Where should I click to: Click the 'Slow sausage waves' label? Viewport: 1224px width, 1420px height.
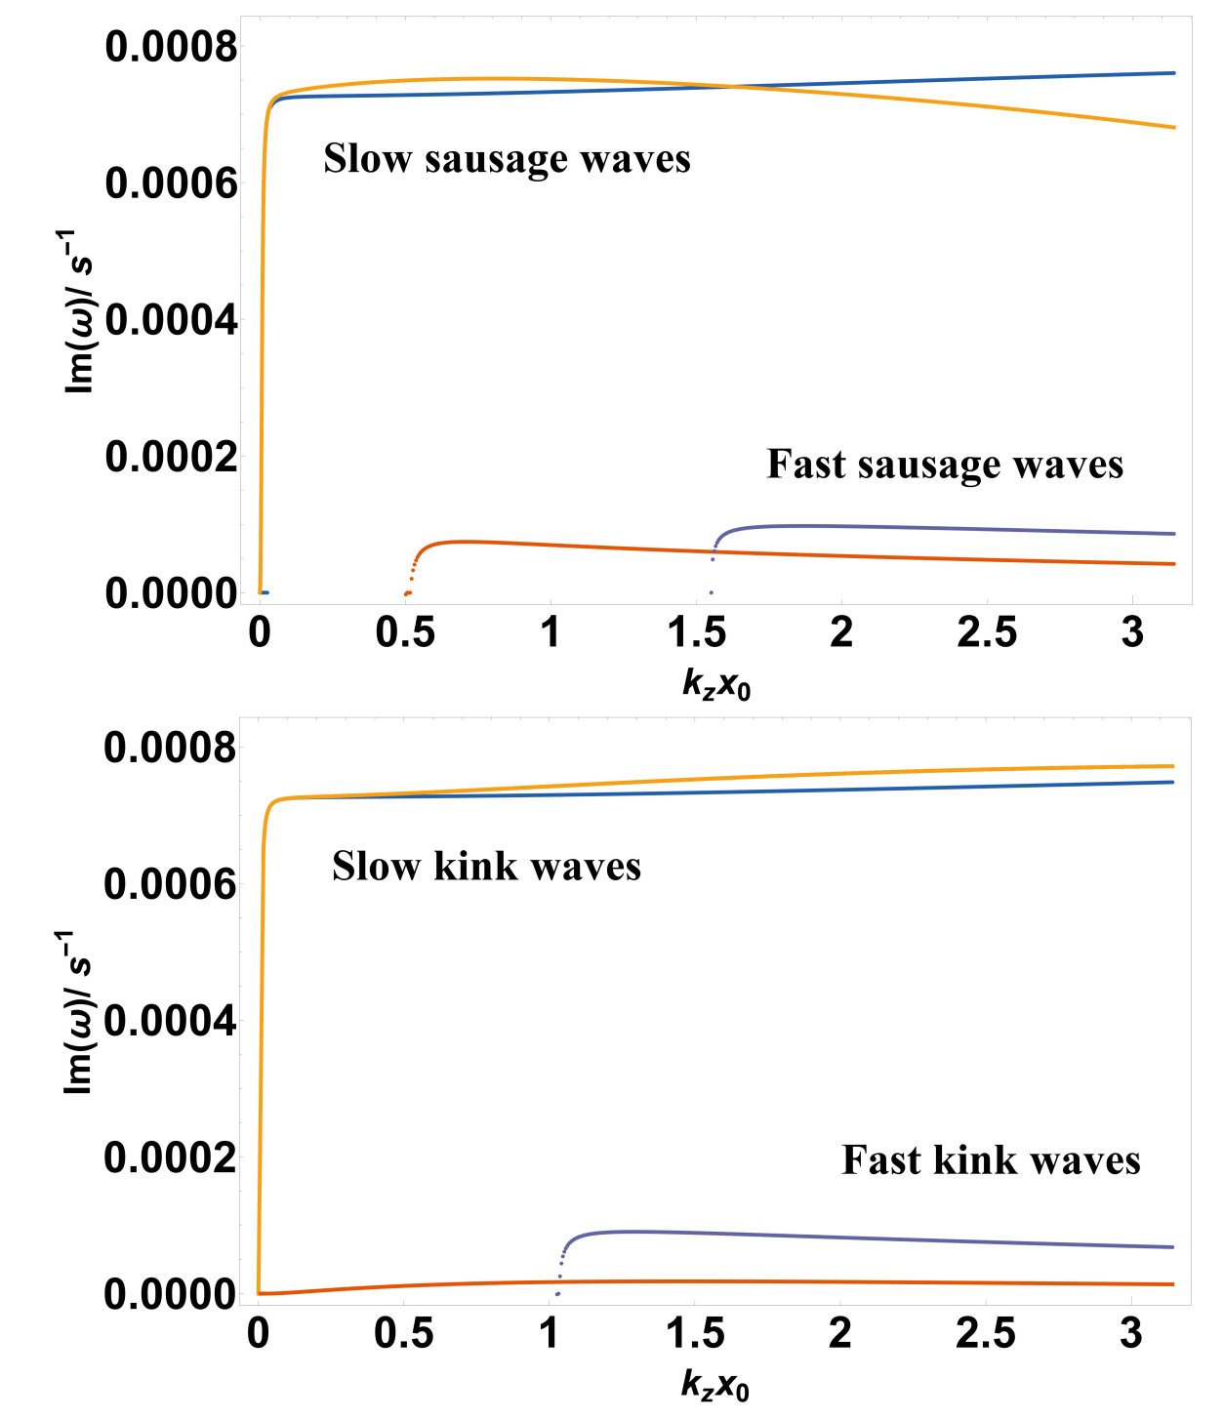[507, 159]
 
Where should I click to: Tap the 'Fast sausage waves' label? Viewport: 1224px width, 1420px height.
[945, 465]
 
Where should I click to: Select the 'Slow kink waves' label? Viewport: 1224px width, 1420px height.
[486, 867]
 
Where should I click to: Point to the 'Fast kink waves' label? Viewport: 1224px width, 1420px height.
[991, 1160]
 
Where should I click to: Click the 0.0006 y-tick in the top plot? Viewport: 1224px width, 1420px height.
[171, 183]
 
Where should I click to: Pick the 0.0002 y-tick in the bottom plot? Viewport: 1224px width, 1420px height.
[170, 1158]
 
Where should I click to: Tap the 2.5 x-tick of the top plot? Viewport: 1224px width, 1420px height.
[987, 633]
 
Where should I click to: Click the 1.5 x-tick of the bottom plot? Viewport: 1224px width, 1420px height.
[695, 1333]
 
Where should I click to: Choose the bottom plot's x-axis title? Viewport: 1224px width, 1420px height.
[715, 1387]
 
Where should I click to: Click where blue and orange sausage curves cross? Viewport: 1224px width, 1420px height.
[734, 87]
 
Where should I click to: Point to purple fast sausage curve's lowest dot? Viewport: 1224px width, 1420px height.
[712, 592]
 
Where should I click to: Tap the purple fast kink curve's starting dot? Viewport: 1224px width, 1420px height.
[557, 1294]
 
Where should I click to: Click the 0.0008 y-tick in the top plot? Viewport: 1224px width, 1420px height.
[171, 46]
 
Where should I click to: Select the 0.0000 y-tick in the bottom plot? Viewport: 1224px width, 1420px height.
[170, 1295]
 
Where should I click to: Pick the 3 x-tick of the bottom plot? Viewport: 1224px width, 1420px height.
[1131, 1333]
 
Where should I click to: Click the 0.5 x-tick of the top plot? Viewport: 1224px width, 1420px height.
[405, 633]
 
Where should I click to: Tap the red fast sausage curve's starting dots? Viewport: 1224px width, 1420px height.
[407, 592]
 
